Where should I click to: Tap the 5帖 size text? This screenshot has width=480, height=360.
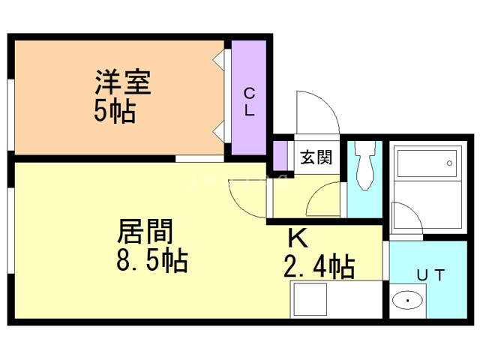(x=114, y=112)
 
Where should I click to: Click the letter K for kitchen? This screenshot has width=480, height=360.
(x=298, y=238)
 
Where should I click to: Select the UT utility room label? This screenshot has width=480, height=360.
(x=431, y=275)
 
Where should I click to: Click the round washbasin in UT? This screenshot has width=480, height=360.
(x=407, y=301)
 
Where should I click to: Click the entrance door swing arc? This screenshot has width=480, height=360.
(x=316, y=112)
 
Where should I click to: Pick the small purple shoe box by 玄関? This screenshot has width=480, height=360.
(x=280, y=154)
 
